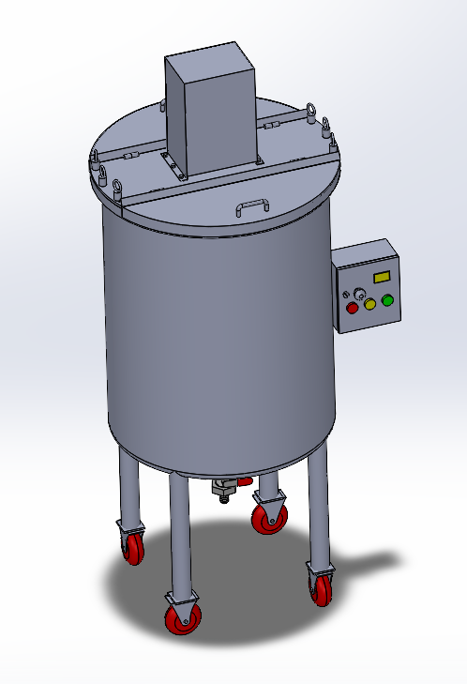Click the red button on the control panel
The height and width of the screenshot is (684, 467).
click(x=354, y=307)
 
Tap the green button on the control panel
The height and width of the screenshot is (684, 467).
click(x=386, y=300)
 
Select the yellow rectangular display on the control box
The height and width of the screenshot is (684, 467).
click(x=382, y=277)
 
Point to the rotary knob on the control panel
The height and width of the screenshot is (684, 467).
click(x=358, y=291)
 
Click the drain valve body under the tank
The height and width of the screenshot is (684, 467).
click(x=224, y=488)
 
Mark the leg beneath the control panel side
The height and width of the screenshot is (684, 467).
click(x=319, y=507)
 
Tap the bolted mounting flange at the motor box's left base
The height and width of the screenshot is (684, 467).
click(x=172, y=164)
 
